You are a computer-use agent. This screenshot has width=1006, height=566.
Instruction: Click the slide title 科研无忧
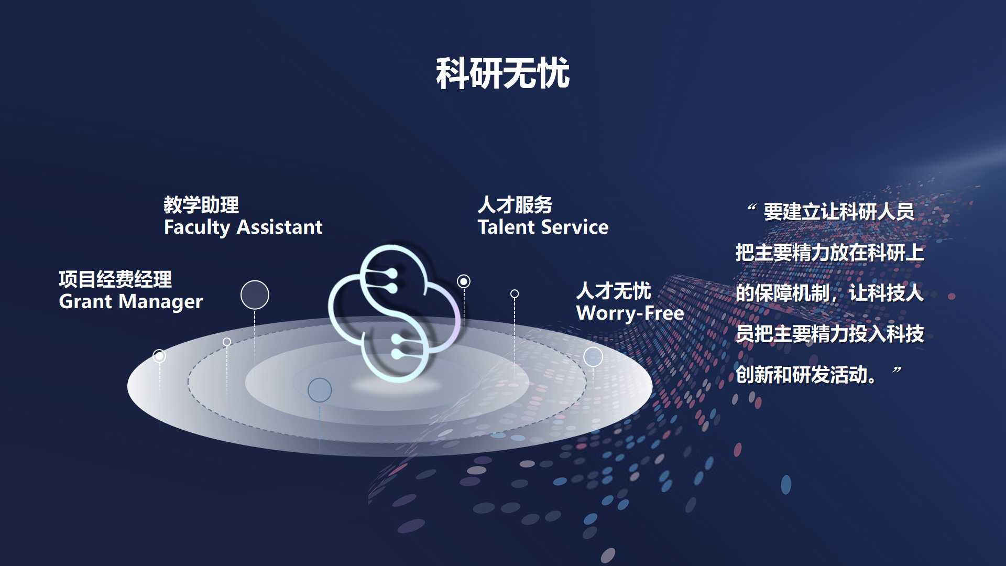point(502,73)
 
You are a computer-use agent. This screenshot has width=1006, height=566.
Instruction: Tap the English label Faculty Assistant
point(243,227)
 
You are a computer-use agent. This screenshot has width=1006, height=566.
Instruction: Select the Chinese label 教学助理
point(201,205)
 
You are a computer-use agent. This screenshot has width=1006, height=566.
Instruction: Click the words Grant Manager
point(130,302)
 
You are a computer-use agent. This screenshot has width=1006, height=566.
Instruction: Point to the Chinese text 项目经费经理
point(115,279)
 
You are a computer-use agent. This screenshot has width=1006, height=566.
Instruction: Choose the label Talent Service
point(543,227)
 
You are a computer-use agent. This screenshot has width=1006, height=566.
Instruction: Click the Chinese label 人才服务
point(515,205)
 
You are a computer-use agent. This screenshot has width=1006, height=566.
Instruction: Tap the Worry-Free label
point(630,313)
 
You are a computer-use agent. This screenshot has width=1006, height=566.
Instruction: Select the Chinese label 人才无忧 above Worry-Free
point(614,291)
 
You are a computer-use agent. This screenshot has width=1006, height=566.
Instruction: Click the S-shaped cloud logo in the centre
point(394,313)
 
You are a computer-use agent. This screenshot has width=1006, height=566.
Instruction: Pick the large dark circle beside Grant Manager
point(255,295)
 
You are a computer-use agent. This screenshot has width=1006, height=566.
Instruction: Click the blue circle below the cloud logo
point(320,390)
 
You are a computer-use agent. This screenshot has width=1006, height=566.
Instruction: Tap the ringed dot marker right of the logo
point(464,281)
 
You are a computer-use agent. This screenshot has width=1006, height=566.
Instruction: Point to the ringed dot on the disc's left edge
point(159,356)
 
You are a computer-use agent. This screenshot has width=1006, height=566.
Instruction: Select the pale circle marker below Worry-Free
point(593,357)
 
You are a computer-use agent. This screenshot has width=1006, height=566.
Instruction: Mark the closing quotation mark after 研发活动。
point(897,370)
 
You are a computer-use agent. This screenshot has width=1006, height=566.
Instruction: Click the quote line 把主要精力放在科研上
point(829,253)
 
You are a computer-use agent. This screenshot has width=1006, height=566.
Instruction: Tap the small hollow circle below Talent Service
point(515,294)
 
